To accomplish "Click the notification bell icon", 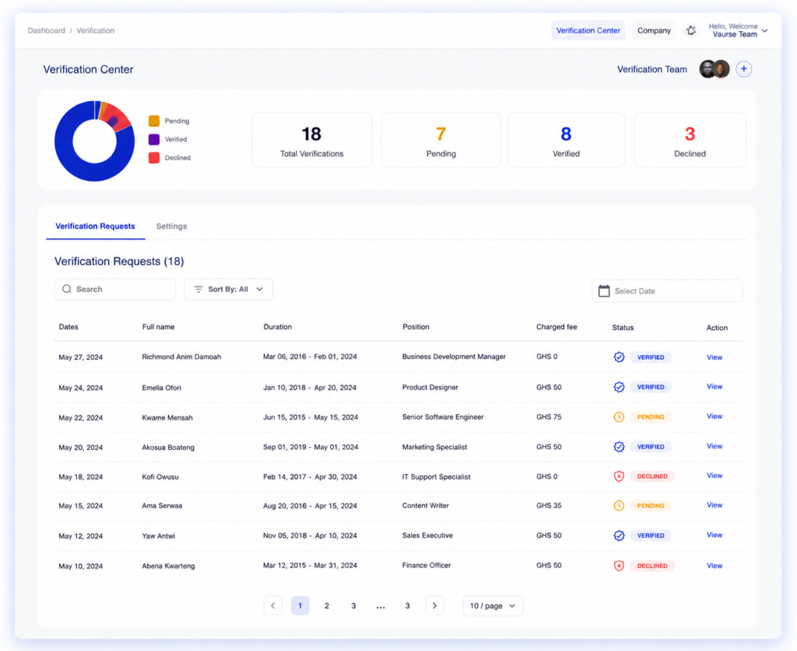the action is pyautogui.click(x=691, y=30).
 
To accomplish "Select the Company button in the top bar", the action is pyautogui.click(x=654, y=30).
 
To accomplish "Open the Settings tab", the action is pyautogui.click(x=171, y=227).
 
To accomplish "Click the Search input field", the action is pyautogui.click(x=115, y=289).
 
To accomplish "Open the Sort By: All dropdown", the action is pyautogui.click(x=228, y=289).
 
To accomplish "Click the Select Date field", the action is pyautogui.click(x=667, y=291).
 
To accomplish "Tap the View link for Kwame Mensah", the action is pyautogui.click(x=714, y=417).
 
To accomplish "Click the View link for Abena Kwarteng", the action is pyautogui.click(x=714, y=565).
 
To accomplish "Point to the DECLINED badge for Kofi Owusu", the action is pyautogui.click(x=652, y=477).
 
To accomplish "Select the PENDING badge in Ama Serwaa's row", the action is pyautogui.click(x=651, y=505).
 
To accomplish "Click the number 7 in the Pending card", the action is pyautogui.click(x=441, y=134).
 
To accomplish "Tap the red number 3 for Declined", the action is pyautogui.click(x=690, y=134).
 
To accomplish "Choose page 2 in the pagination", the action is pyautogui.click(x=327, y=606).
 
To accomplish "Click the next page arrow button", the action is pyautogui.click(x=434, y=606).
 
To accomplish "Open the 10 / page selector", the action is pyautogui.click(x=493, y=606).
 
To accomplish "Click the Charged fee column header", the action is pyautogui.click(x=556, y=327).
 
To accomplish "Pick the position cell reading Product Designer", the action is pyautogui.click(x=430, y=388).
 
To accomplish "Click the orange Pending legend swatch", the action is pyautogui.click(x=154, y=121).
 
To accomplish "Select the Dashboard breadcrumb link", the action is pyautogui.click(x=46, y=30).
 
